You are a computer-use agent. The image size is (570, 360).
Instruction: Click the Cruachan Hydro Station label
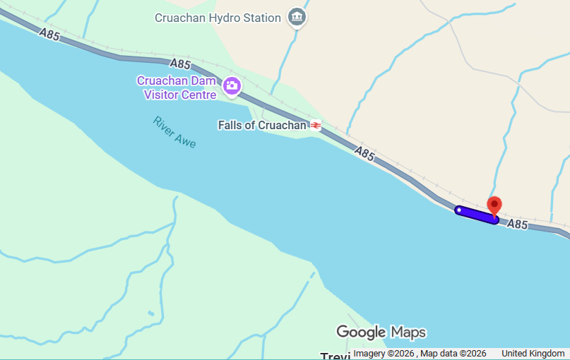tap(218, 18)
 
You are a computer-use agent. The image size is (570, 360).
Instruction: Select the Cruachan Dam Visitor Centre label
tap(176, 88)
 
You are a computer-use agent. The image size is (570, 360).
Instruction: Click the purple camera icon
tap(232, 87)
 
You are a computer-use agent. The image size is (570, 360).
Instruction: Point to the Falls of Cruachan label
tap(262, 126)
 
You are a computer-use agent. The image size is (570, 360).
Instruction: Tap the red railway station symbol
tap(315, 126)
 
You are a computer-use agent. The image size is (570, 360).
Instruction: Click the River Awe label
tap(174, 132)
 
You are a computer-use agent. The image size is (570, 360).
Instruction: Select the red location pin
tap(495, 205)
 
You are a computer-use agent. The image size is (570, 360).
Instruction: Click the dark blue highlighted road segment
tap(478, 215)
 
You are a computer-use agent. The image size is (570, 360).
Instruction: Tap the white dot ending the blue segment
tap(459, 210)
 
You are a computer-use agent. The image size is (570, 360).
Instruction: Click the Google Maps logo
tap(381, 332)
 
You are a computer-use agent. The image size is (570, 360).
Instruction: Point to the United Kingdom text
tap(533, 354)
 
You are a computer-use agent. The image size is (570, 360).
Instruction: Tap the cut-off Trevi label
tap(336, 356)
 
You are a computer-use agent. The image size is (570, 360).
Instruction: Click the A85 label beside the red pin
tap(518, 224)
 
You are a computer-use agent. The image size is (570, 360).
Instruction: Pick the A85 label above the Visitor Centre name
tap(181, 64)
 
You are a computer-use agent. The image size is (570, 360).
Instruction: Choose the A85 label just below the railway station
tap(364, 153)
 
